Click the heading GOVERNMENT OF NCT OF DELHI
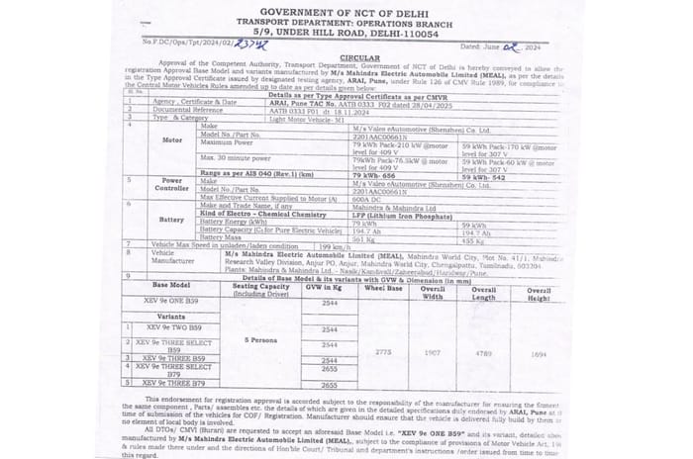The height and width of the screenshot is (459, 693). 346,10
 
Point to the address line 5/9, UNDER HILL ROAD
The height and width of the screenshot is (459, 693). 346,32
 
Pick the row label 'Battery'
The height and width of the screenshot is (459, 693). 172,220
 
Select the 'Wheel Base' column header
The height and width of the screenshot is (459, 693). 379,288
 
